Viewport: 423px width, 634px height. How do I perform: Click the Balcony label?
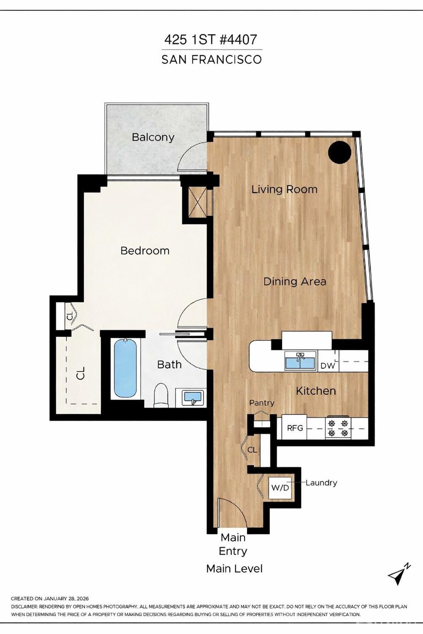point(153,137)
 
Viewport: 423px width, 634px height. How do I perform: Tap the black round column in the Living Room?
point(340,152)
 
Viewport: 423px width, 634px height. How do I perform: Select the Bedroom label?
point(145,251)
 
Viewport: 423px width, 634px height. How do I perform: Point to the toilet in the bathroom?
point(161,396)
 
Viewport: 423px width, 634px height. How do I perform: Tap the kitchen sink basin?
point(300,362)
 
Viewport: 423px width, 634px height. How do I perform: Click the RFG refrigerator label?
point(295,428)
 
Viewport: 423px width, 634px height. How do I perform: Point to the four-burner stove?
point(338,428)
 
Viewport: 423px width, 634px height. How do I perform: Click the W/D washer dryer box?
point(280,488)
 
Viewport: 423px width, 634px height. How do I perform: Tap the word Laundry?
point(321,483)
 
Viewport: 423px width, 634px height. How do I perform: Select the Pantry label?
point(261,403)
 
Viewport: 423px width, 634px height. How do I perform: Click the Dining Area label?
point(294,281)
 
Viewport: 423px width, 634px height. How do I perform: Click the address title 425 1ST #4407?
point(210,40)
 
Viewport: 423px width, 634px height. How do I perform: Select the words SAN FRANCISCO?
point(211,60)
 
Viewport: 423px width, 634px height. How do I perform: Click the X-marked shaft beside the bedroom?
point(197,202)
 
